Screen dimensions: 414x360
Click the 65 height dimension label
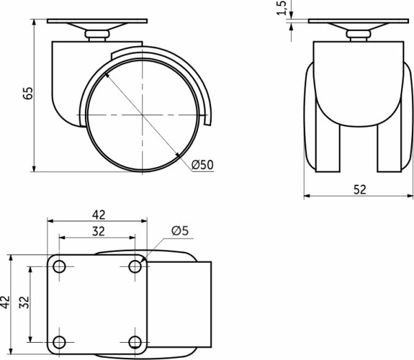coord(28,93)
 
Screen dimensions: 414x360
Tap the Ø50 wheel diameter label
coord(202,165)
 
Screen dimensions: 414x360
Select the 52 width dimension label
coord(360,190)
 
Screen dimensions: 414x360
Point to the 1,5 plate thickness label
coord(282,8)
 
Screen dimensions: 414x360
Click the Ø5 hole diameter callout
coord(180,230)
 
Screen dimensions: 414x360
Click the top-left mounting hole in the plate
coord(59,267)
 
